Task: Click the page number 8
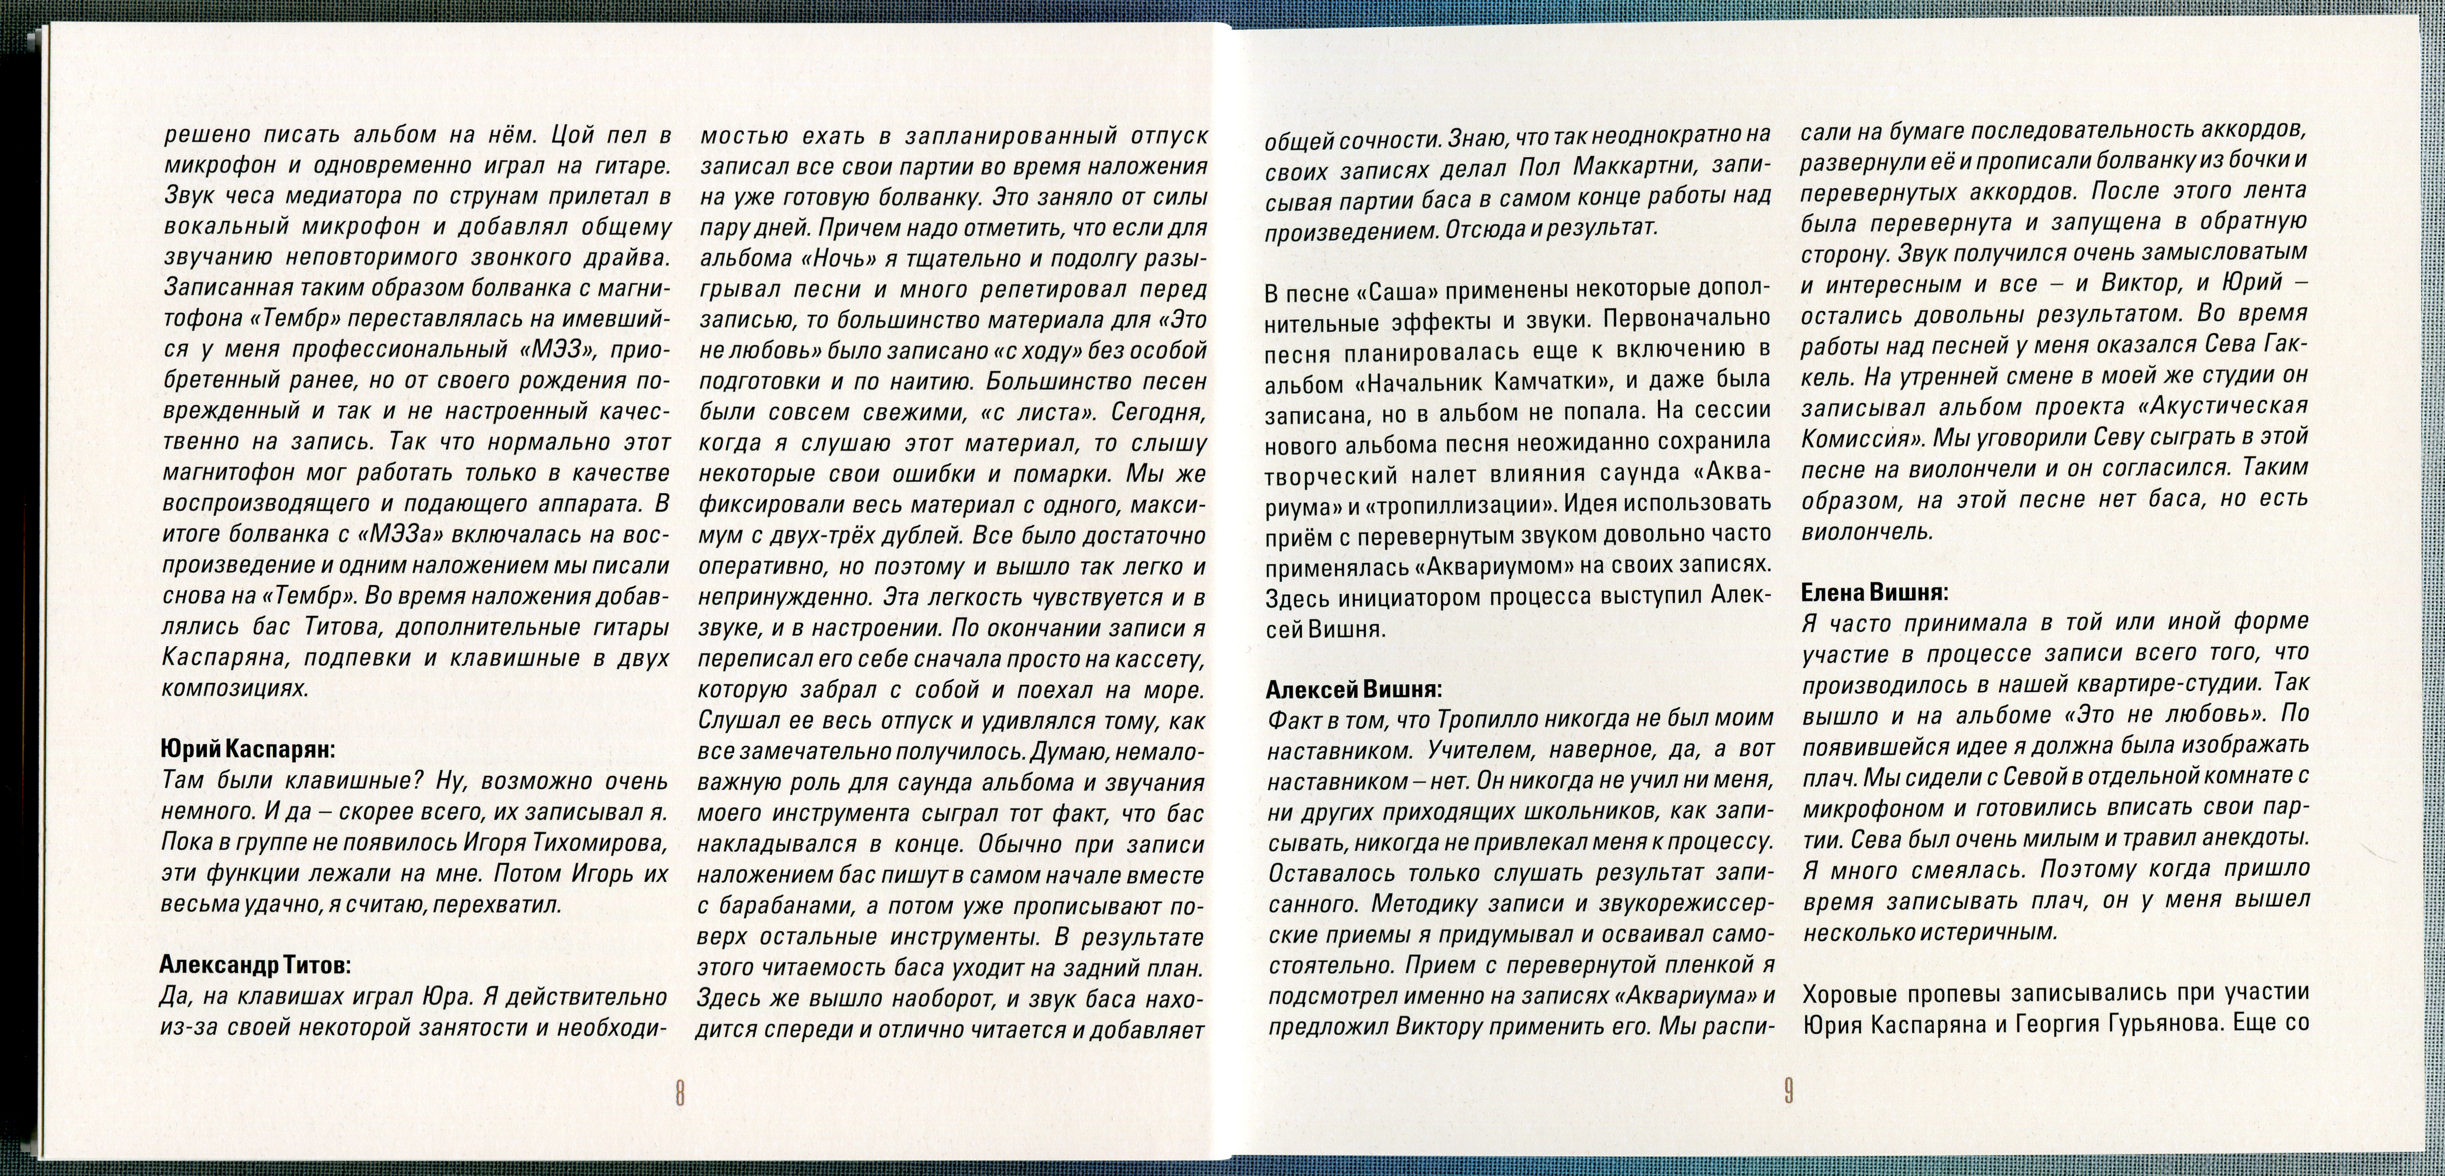point(679,1092)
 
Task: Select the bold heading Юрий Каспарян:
point(247,749)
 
